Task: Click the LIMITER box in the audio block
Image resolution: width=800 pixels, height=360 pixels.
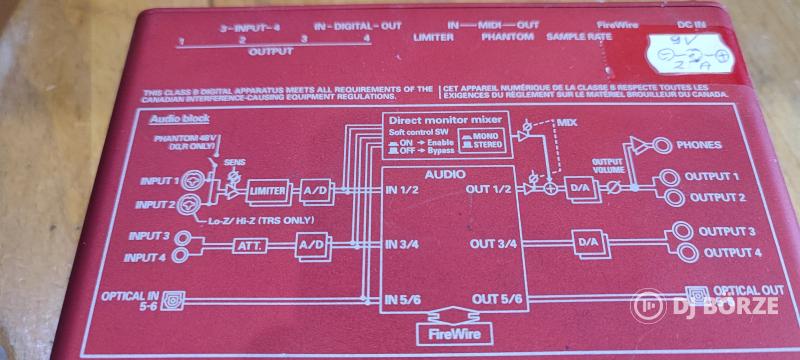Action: click(266, 191)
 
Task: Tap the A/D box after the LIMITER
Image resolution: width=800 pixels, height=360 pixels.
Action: click(317, 191)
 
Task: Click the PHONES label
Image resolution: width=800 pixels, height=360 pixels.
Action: click(698, 145)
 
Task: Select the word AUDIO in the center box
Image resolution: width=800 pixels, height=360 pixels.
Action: click(443, 173)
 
